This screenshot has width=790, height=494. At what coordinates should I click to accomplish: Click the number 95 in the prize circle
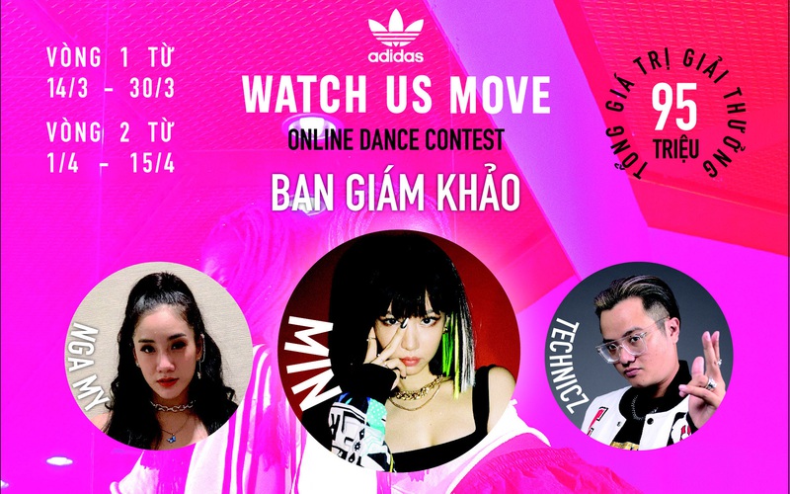[674, 108]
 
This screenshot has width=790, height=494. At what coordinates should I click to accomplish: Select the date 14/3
[67, 89]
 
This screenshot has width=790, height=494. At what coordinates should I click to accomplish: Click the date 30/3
[152, 89]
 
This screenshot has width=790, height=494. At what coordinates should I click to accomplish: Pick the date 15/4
[152, 163]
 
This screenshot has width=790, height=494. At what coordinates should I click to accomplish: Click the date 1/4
[62, 163]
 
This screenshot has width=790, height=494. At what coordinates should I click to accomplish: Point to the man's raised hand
[704, 372]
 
